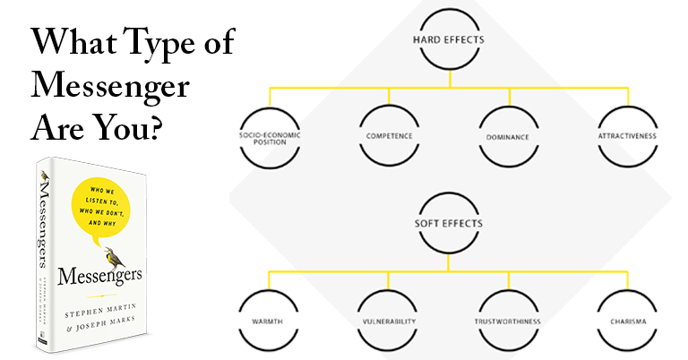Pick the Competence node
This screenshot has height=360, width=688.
(x=390, y=138)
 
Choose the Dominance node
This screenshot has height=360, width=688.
(x=508, y=138)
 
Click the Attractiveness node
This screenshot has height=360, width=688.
(x=627, y=137)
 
